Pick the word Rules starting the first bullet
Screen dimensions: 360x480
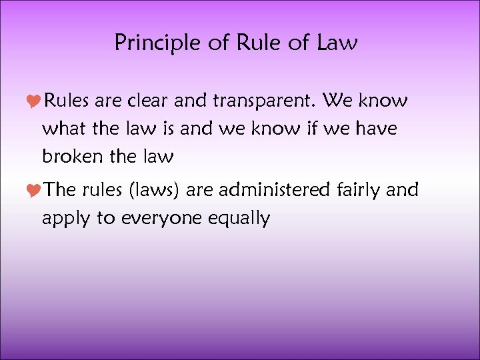(67, 101)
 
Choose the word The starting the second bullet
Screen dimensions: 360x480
(61, 191)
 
